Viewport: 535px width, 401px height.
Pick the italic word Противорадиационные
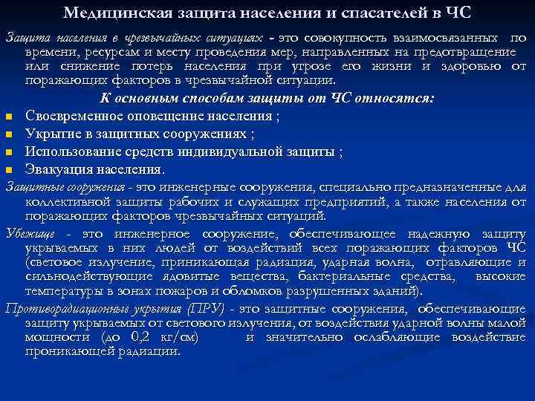(67, 308)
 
